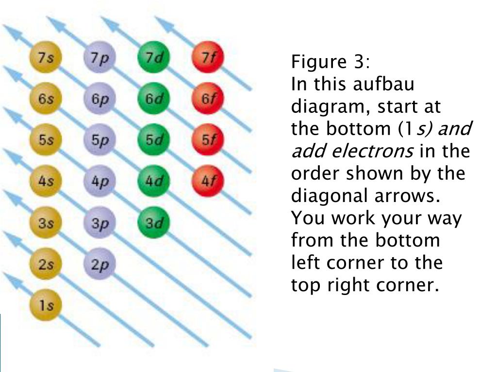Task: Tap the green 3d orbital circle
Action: (154, 223)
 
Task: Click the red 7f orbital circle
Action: (208, 58)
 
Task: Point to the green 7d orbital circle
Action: (154, 58)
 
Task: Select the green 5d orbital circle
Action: (154, 141)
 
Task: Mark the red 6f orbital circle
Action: (208, 99)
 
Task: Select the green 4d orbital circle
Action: (154, 182)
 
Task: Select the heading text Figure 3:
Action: (330, 62)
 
